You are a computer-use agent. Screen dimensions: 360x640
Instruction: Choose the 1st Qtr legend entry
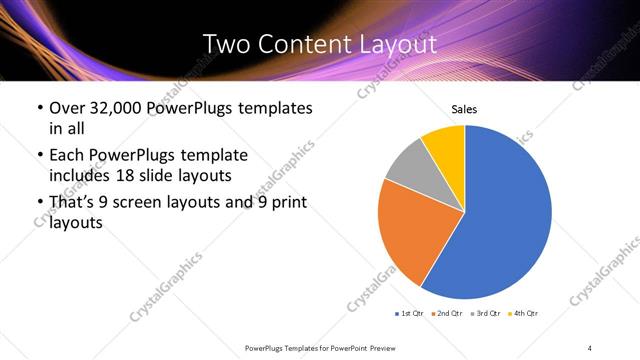pyautogui.click(x=409, y=314)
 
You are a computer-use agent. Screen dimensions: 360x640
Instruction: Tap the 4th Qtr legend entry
pyautogui.click(x=524, y=314)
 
